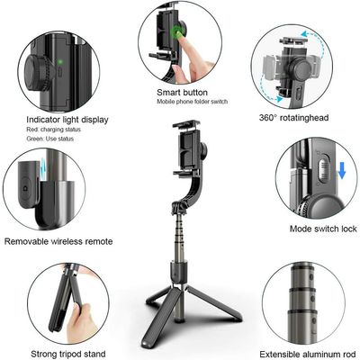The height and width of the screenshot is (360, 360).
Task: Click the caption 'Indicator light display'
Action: click(x=67, y=119)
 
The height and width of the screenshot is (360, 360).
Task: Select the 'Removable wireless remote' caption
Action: click(x=58, y=241)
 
